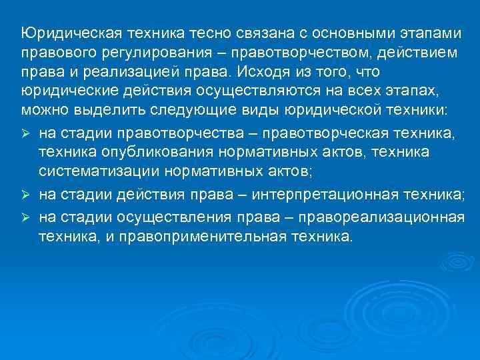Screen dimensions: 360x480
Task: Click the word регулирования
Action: (x=159, y=53)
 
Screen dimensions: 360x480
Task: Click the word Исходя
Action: (x=269, y=71)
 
